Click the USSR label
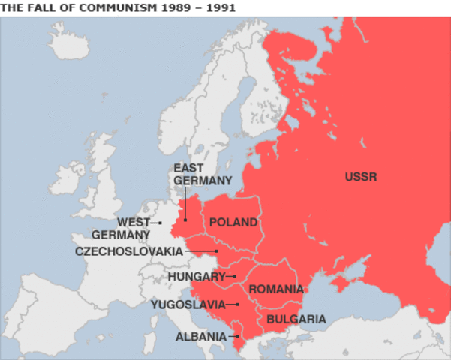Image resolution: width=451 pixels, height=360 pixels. (361, 177)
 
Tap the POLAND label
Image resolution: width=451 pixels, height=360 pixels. (233, 223)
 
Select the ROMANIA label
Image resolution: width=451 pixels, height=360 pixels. (276, 289)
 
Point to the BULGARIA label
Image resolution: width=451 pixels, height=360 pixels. (296, 319)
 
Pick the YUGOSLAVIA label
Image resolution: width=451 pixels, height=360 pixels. (188, 304)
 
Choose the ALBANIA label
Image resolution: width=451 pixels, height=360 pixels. (200, 337)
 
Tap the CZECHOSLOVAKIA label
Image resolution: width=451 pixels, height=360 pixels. (129, 251)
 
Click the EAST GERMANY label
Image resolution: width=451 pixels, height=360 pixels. (203, 174)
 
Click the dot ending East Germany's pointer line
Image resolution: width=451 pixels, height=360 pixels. (185, 220)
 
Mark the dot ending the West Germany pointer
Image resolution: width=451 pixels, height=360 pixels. (161, 223)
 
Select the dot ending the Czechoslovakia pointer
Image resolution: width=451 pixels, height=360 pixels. (217, 251)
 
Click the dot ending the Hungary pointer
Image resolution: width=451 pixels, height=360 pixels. (234, 276)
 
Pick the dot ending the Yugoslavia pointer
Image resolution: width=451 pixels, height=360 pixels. (237, 304)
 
